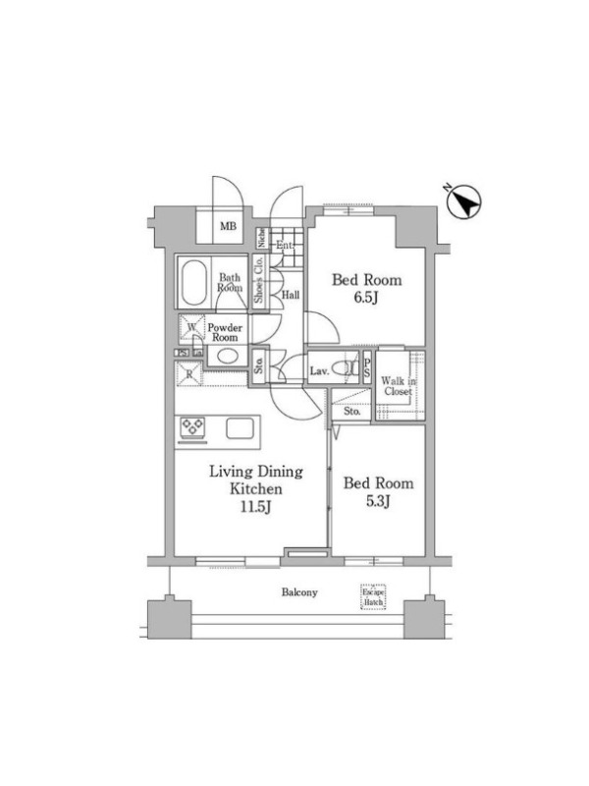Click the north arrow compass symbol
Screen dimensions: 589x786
[464, 203]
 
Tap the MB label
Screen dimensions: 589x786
[228, 227]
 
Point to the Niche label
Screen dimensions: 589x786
[261, 238]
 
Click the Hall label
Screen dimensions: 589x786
[291, 295]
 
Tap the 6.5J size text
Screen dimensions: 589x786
[366, 298]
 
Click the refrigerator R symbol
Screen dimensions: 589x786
[189, 374]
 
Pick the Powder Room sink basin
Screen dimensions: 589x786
[228, 357]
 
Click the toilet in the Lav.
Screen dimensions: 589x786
[346, 369]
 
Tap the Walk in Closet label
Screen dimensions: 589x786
[399, 386]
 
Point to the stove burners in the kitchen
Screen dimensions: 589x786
[192, 427]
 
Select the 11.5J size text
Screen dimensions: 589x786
[256, 507]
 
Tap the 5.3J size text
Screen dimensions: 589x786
[378, 501]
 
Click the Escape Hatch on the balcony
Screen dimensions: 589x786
[374, 596]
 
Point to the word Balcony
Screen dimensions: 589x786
[299, 592]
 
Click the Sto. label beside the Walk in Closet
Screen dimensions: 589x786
[352, 412]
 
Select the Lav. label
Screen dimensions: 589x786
[319, 371]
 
